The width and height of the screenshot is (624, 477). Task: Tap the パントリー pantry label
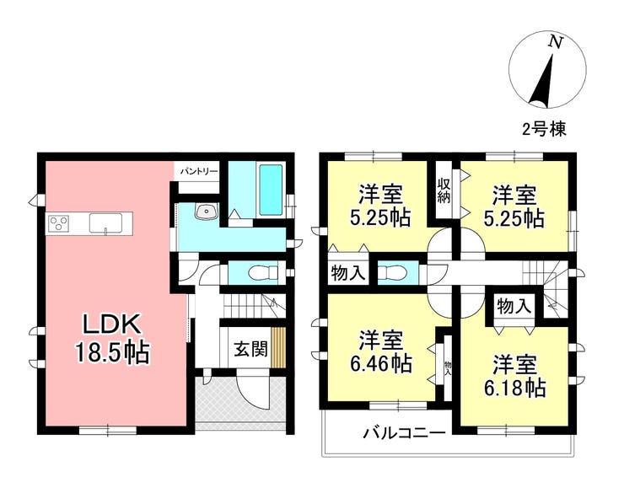pos(199,171)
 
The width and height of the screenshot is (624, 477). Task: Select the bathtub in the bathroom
pos(271,190)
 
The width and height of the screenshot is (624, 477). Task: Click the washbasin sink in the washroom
pos(206,211)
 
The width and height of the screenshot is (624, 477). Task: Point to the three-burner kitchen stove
pos(59,222)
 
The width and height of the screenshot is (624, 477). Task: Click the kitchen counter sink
pos(105,222)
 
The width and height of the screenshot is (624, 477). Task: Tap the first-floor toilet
pos(263,273)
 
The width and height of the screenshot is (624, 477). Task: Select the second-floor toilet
pos(391,273)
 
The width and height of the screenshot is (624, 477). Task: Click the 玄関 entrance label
pos(250,349)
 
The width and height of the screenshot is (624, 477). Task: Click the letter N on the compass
pos(556,42)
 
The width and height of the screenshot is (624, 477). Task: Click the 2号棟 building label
pos(544,129)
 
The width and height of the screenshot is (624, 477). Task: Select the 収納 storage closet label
pos(444,191)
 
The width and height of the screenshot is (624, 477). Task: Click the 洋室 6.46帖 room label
pos(380,351)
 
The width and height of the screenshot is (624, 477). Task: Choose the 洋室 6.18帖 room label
pos(514,376)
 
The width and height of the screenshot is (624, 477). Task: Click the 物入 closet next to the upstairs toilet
pos(347,273)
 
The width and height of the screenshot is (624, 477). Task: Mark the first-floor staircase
pos(254,306)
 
